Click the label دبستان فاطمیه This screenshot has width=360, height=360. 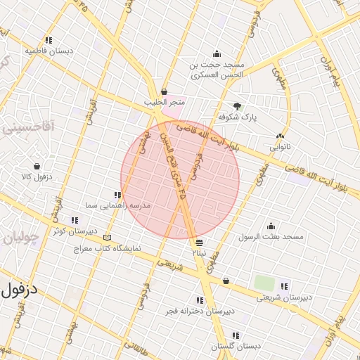coord(40,51)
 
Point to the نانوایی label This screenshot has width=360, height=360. coord(280,148)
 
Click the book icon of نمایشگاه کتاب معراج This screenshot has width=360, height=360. coord(107,238)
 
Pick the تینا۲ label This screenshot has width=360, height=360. coord(200,251)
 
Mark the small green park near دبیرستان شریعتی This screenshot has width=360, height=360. coord(264,283)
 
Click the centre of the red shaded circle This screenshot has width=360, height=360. coord(180,179)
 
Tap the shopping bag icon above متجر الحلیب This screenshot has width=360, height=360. coord(165,91)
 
